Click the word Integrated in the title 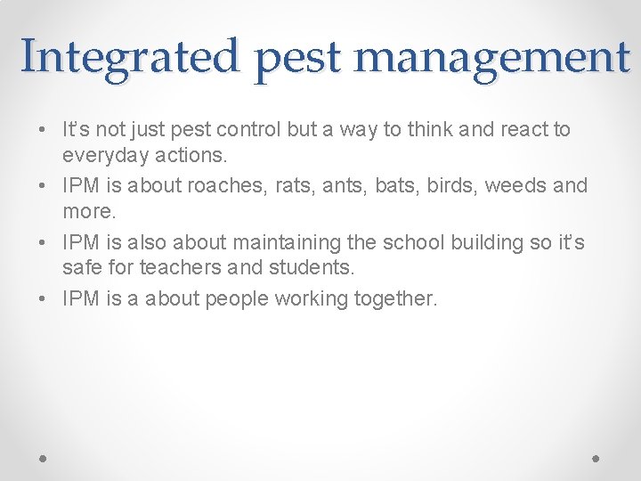(x=131, y=56)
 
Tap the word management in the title (x=491, y=56)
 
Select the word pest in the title (x=298, y=59)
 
